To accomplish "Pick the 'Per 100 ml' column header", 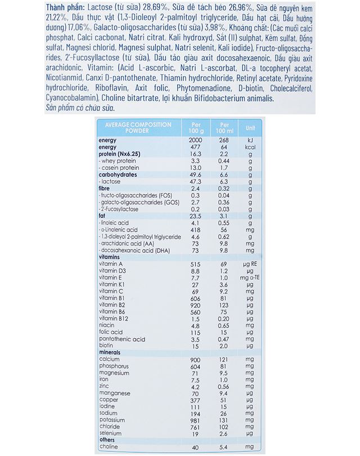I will click(224, 127).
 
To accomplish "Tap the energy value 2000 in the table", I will click(195, 140).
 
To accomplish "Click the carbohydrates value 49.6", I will click(194, 175).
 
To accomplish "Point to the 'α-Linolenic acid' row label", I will click(119, 230).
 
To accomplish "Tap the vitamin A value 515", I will click(195, 263).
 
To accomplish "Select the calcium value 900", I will click(195, 359).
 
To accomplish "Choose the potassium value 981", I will click(195, 419).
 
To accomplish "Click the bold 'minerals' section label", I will click(113, 352).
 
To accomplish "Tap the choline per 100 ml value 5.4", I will click(224, 447).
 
